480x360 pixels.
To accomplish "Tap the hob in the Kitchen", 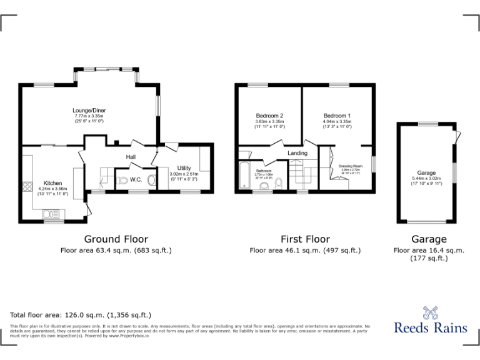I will pyautogui.click(x=27, y=186).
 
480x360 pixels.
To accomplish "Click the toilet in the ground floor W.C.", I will pyautogui.click(x=123, y=181).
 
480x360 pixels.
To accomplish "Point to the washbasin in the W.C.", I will pyautogui.click(x=151, y=180).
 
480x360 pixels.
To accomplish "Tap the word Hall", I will pyautogui.click(x=131, y=157).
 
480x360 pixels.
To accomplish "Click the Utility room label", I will pyautogui.click(x=184, y=168).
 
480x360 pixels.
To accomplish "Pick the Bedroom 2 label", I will pyautogui.click(x=269, y=116).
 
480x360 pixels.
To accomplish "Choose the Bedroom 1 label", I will pyautogui.click(x=337, y=116).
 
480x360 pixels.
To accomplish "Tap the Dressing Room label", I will pyautogui.click(x=351, y=166).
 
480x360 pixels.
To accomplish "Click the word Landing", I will pyautogui.click(x=297, y=153).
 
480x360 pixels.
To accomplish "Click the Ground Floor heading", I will pyautogui.click(x=116, y=239).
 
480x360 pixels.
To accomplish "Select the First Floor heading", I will pyautogui.click(x=305, y=239).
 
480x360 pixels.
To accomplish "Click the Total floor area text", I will pyautogui.click(x=81, y=315).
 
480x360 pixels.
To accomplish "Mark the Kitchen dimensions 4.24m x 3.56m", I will pyautogui.click(x=52, y=189).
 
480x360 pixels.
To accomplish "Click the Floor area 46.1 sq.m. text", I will pyautogui.click(x=305, y=250).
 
